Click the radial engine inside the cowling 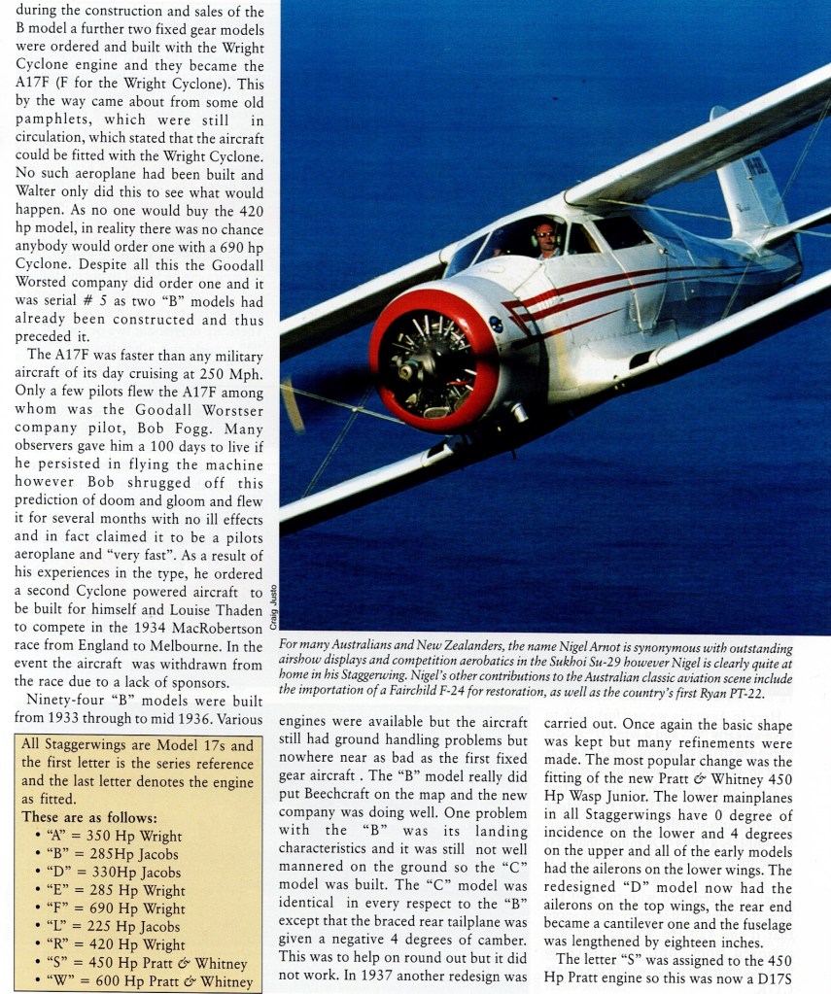[435, 359]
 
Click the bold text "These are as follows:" [89, 817]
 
